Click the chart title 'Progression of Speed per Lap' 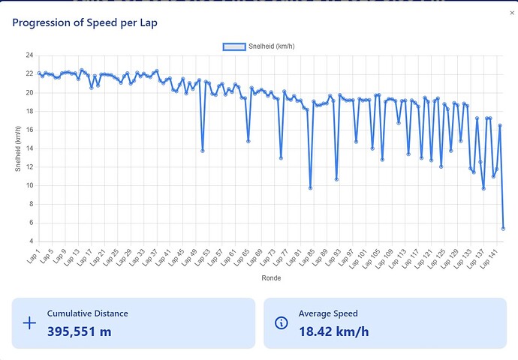(x=85, y=22)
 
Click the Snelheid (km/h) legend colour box (x=233, y=46)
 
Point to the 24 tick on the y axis (x=29, y=55)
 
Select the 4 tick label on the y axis (x=31, y=241)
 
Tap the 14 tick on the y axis (x=29, y=148)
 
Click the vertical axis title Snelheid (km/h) (x=18, y=148)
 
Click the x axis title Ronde (x=270, y=277)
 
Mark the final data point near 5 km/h (x=503, y=229)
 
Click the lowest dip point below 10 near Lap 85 (x=310, y=187)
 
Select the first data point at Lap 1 (x=39, y=73)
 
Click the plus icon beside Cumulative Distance (x=29, y=323)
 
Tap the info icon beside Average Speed (x=282, y=323)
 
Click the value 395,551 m (x=79, y=331)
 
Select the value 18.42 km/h (x=333, y=331)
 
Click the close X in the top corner (x=512, y=13)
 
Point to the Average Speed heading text (x=328, y=313)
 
